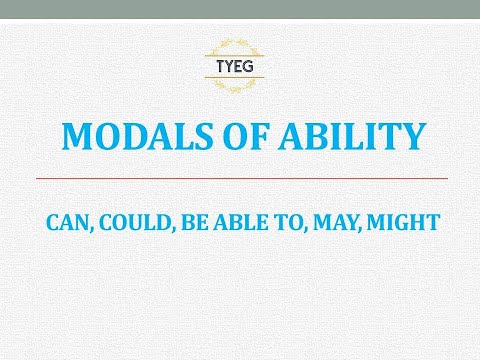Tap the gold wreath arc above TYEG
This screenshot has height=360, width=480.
pos(240,44)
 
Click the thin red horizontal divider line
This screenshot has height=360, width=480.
pos(240,177)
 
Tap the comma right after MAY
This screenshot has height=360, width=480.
pos(362,229)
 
